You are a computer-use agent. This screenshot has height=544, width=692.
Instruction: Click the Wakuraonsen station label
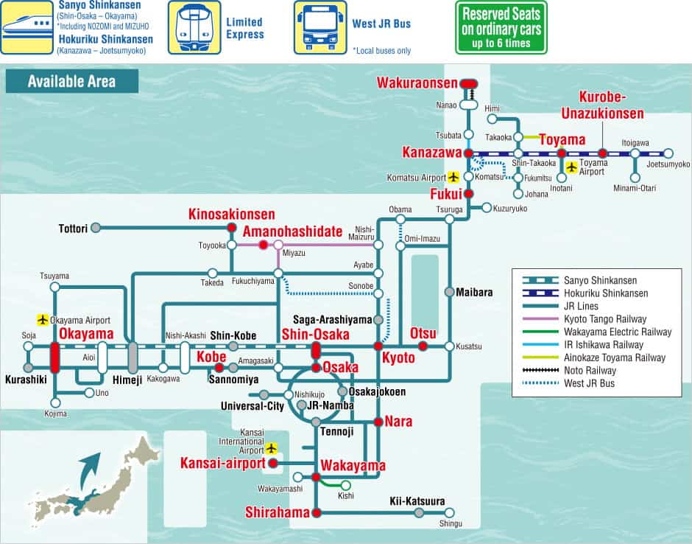coord(417,83)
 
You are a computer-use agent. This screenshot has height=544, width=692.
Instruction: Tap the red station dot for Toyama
coord(561,153)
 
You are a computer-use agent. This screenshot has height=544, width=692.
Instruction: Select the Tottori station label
coord(73,229)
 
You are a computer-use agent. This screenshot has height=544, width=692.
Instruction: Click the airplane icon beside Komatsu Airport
coord(453,177)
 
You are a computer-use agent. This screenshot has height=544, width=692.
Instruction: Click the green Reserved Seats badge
coord(501,28)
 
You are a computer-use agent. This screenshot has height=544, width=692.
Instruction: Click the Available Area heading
coord(71,81)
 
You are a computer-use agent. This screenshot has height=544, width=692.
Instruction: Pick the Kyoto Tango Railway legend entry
coord(605,318)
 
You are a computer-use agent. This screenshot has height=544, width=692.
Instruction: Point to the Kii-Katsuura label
coord(417,501)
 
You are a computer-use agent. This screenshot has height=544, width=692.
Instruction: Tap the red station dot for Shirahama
coord(317,513)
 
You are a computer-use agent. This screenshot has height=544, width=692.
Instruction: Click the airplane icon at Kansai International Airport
coord(272,448)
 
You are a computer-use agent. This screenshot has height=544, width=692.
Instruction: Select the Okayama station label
coord(86,335)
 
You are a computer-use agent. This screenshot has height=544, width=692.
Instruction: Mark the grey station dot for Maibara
coord(449,292)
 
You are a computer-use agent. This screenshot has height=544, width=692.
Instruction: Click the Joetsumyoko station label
coord(668,164)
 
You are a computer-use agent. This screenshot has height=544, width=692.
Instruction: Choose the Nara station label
coord(398,422)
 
